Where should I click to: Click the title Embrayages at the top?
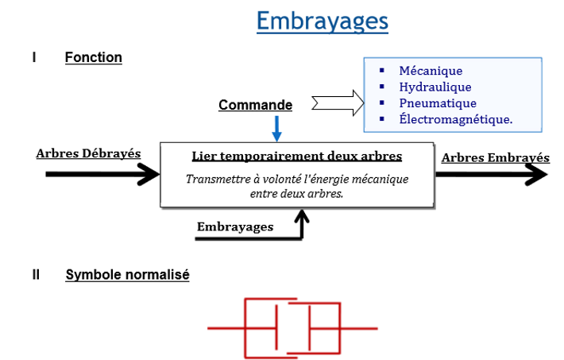pyautogui.click(x=323, y=21)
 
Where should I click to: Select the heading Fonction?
pyautogui.click(x=94, y=57)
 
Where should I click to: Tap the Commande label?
pyautogui.click(x=255, y=105)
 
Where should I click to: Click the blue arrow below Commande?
pyautogui.click(x=276, y=128)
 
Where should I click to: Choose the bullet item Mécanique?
pyautogui.click(x=431, y=71)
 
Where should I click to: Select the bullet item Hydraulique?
pyautogui.click(x=435, y=87)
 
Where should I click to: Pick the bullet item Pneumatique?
pyautogui.click(x=438, y=103)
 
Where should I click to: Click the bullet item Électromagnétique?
pyautogui.click(x=455, y=119)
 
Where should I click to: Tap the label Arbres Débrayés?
pyautogui.click(x=88, y=153)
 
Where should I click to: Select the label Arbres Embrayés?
pyautogui.click(x=495, y=157)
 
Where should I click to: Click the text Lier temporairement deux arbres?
pyautogui.click(x=297, y=156)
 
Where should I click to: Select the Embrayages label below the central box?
pyautogui.click(x=235, y=226)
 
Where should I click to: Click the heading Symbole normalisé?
pyautogui.click(x=127, y=275)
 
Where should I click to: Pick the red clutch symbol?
pyautogui.click(x=292, y=327)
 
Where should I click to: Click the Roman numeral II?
pyautogui.click(x=36, y=275)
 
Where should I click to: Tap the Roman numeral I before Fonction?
pyautogui.click(x=34, y=57)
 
